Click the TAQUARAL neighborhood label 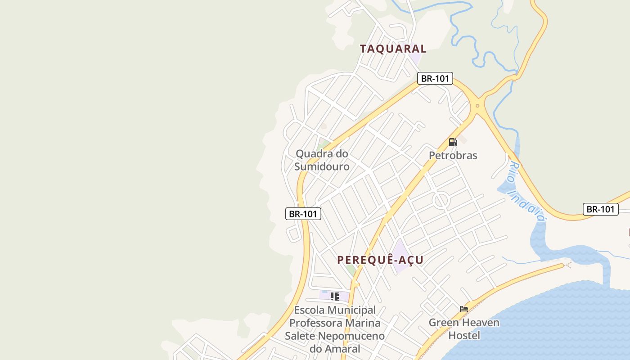[x=393, y=49]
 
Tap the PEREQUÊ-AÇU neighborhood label [x=380, y=260]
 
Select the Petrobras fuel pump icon [x=453, y=142]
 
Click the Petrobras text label [x=453, y=155]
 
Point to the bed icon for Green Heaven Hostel [x=464, y=309]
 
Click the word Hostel [x=464, y=335]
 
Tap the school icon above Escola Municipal [x=334, y=296]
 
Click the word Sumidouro [x=322, y=166]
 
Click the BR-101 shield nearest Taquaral [x=435, y=78]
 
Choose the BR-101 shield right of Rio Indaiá [x=600, y=209]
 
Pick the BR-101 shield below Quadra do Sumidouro [x=303, y=214]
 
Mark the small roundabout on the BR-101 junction [x=477, y=107]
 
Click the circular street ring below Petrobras [x=441, y=200]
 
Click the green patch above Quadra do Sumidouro [x=323, y=145]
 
